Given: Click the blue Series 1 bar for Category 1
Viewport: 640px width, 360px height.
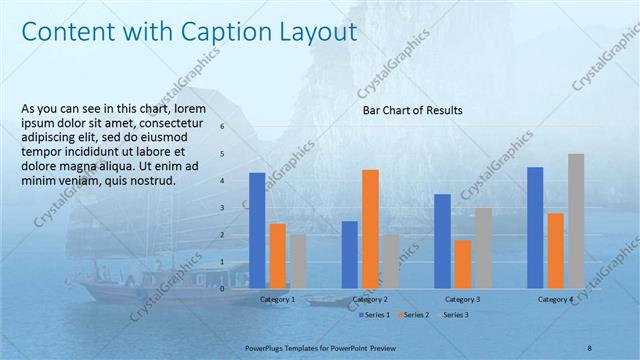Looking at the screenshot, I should (257, 230).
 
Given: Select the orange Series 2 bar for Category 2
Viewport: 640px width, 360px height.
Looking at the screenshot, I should (370, 228).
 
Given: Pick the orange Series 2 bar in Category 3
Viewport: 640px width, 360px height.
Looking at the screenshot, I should (462, 263).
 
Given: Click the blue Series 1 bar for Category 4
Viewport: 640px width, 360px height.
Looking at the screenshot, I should (535, 227).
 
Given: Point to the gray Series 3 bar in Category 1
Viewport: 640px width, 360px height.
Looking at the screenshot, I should (298, 261).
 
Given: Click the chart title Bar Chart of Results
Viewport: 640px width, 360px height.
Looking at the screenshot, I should (412, 112).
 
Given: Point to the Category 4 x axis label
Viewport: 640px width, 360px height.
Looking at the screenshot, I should (555, 299).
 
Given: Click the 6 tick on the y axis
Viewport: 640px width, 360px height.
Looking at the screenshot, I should (236, 127).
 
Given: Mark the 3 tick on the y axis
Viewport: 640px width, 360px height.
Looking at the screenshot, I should (236, 208).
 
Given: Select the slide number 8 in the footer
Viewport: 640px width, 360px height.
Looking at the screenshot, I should (590, 346).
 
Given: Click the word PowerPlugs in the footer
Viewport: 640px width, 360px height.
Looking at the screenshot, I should (268, 346).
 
